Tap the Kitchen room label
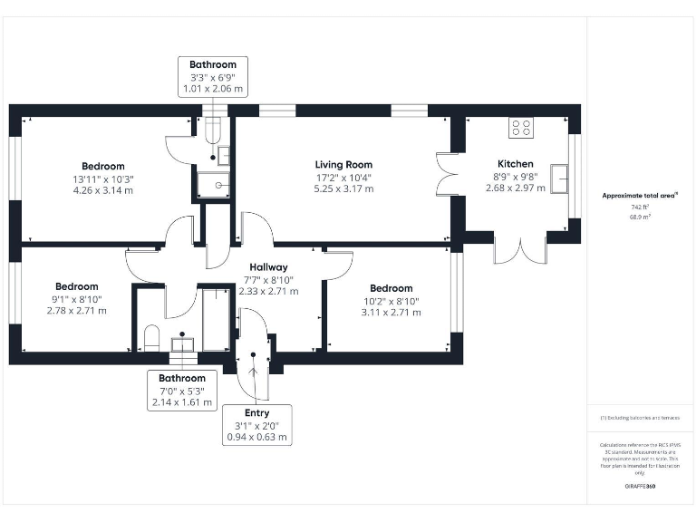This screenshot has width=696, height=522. pos(516,164)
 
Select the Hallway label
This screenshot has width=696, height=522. pos(268,267)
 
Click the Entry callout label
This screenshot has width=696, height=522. pos(257,413)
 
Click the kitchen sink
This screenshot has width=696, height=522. pos(563,179)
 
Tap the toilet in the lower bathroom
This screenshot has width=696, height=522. pos(151,338)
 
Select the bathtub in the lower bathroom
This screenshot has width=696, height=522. pos(216,319)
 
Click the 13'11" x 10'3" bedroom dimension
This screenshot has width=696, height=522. pos(103,179)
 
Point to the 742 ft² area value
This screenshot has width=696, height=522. pos(641,207)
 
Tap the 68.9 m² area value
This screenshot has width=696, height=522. pos(641,217)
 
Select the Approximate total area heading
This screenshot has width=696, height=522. pos(641,195)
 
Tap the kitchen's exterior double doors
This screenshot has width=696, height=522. pos(519,248)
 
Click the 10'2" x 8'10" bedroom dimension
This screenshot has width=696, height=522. pos(391,301)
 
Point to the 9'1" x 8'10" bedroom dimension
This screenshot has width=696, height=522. pos(77,298)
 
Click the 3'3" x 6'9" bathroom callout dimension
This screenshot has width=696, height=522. pos(213,77)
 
